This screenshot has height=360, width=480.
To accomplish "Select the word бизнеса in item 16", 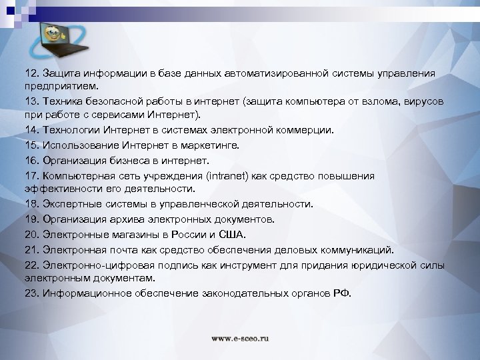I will [x=134, y=161].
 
